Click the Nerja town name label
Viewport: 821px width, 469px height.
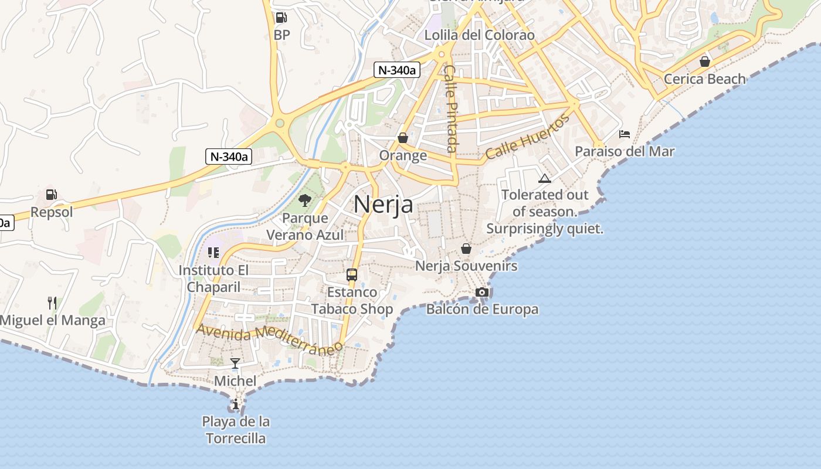click(383, 204)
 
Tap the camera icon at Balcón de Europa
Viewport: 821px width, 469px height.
click(482, 292)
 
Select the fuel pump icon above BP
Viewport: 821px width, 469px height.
click(281, 18)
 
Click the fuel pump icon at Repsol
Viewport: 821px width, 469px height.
click(52, 195)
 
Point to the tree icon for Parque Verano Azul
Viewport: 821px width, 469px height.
click(304, 201)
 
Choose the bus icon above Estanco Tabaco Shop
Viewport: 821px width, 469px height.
click(352, 274)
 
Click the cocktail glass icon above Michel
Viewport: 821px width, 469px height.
click(235, 363)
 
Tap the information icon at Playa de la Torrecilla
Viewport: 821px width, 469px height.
click(235, 404)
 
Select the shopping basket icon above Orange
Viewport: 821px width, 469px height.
click(403, 138)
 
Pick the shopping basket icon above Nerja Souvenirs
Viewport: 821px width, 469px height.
click(466, 249)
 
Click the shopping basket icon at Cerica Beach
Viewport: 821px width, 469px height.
click(705, 62)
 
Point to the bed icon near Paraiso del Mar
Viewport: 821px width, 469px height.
click(625, 134)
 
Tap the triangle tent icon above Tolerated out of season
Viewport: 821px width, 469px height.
click(545, 178)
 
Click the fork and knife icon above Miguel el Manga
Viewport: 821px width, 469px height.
click(52, 303)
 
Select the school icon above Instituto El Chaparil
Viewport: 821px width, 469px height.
click(213, 253)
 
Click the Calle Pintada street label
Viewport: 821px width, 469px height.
click(450, 108)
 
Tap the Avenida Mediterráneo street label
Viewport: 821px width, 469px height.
click(269, 339)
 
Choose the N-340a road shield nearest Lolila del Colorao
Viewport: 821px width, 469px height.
click(397, 70)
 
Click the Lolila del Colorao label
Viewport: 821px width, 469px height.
click(479, 35)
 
